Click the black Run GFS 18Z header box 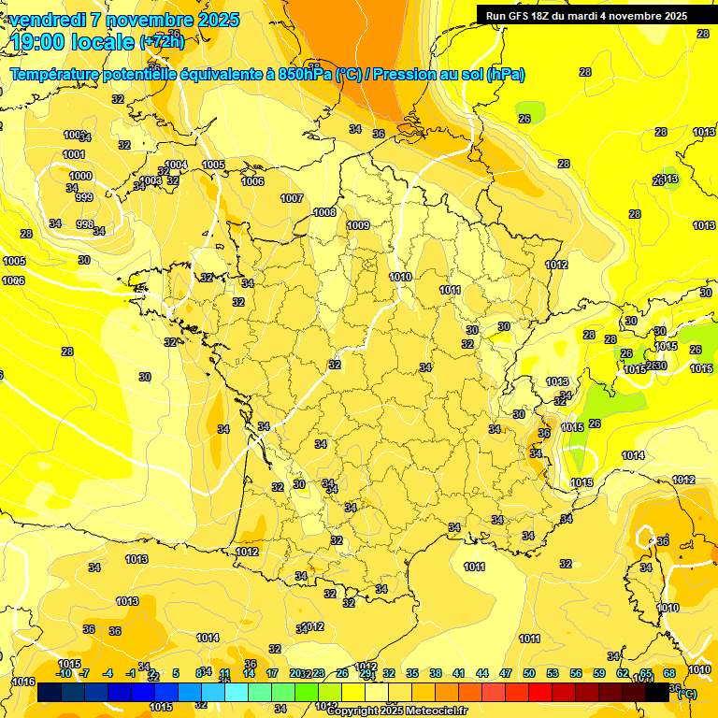tap(586, 15)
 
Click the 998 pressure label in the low tap(84, 224)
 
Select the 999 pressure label tap(84, 197)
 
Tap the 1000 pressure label tap(80, 176)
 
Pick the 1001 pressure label tap(74, 154)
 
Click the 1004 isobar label tap(176, 165)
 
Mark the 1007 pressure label tap(292, 198)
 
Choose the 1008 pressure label tap(324, 213)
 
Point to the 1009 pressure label tap(358, 225)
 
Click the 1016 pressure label tap(23, 682)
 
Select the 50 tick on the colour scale tap(529, 673)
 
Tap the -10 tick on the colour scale tap(65, 673)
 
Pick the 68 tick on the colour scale tap(669, 673)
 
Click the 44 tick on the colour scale tap(482, 673)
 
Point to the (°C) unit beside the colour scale tap(686, 693)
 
